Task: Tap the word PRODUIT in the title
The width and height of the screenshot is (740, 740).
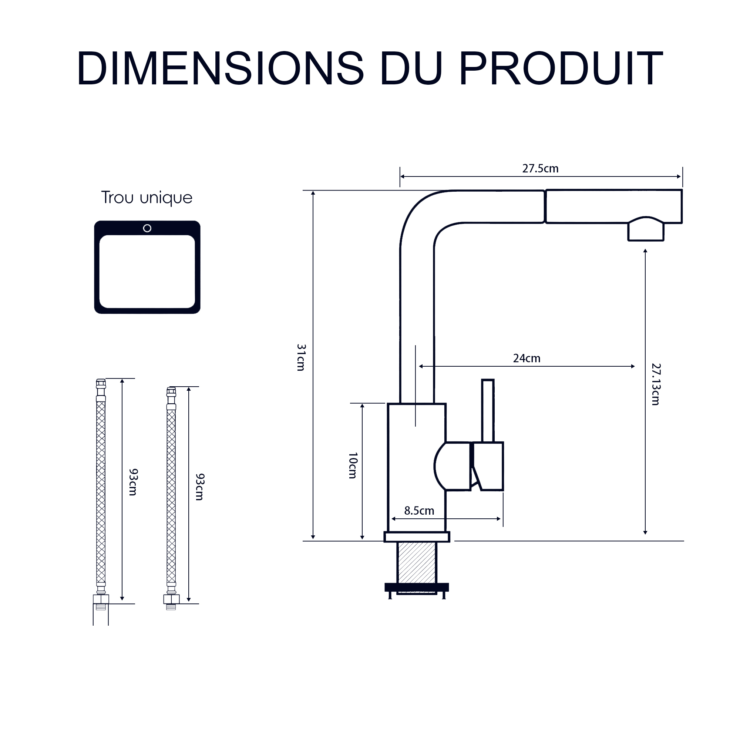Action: [561, 68]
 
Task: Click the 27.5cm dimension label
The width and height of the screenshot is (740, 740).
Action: [541, 168]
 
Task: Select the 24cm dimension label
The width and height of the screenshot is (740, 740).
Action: [527, 359]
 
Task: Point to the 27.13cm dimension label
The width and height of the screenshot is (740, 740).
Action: [656, 384]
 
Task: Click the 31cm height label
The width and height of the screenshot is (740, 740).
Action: [301, 357]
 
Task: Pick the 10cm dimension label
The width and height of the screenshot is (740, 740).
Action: [353, 465]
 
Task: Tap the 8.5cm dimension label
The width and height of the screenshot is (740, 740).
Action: [419, 511]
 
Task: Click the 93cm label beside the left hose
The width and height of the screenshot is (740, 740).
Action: [133, 482]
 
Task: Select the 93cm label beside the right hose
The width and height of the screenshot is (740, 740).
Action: [199, 487]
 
